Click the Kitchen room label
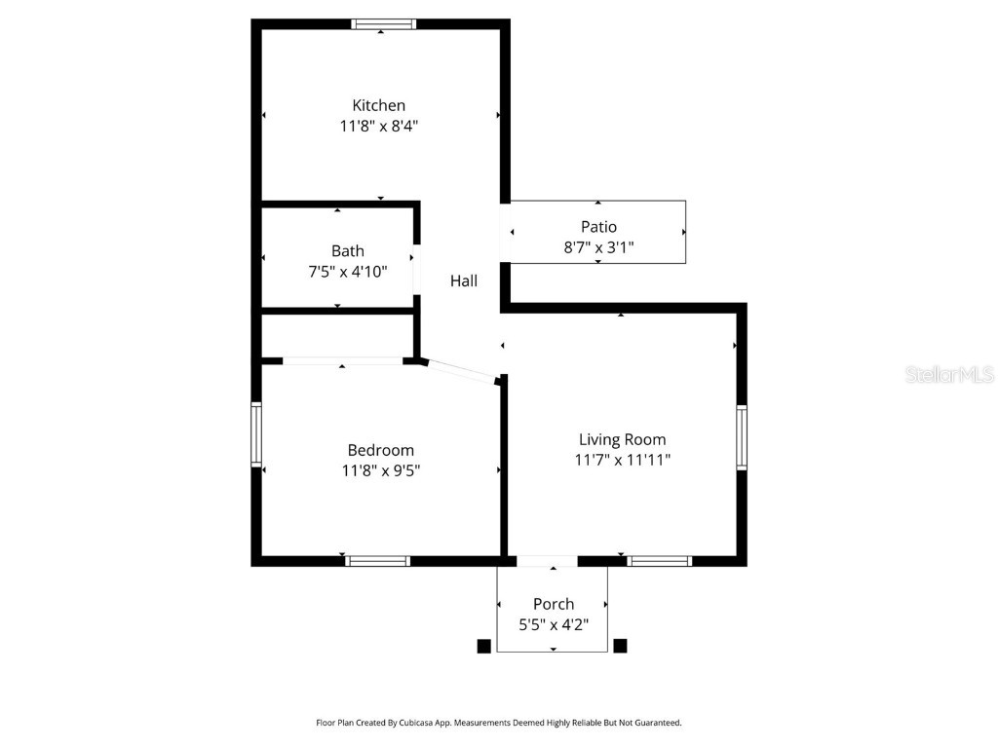click(378, 105)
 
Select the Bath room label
click(347, 251)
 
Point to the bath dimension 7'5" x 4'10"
click(347, 272)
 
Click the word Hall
click(464, 281)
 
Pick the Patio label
click(598, 227)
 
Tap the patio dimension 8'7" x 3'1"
click(598, 247)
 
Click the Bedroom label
click(380, 450)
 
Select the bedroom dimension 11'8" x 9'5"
click(380, 470)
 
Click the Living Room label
click(622, 439)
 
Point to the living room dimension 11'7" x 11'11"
click(622, 460)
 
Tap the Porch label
click(553, 604)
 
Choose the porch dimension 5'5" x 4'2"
click(553, 624)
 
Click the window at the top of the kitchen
click(383, 24)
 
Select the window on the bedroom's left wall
click(256, 434)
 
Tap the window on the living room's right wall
click(742, 438)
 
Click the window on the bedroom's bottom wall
click(378, 561)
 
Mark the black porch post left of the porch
click(482, 645)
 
